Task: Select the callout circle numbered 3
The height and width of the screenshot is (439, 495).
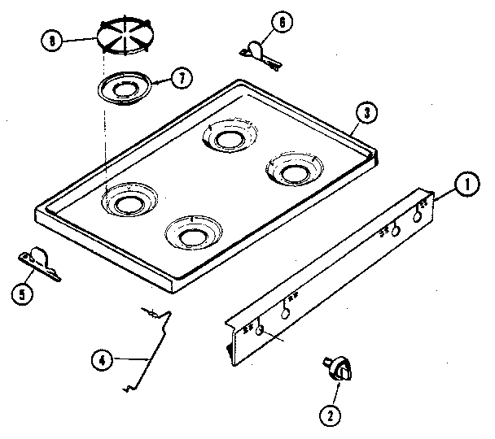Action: (x=369, y=114)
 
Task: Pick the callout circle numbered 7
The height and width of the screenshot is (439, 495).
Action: (x=182, y=80)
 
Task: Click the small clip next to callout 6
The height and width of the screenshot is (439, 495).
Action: (x=259, y=51)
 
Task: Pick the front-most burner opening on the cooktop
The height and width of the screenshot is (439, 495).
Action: (x=194, y=235)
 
